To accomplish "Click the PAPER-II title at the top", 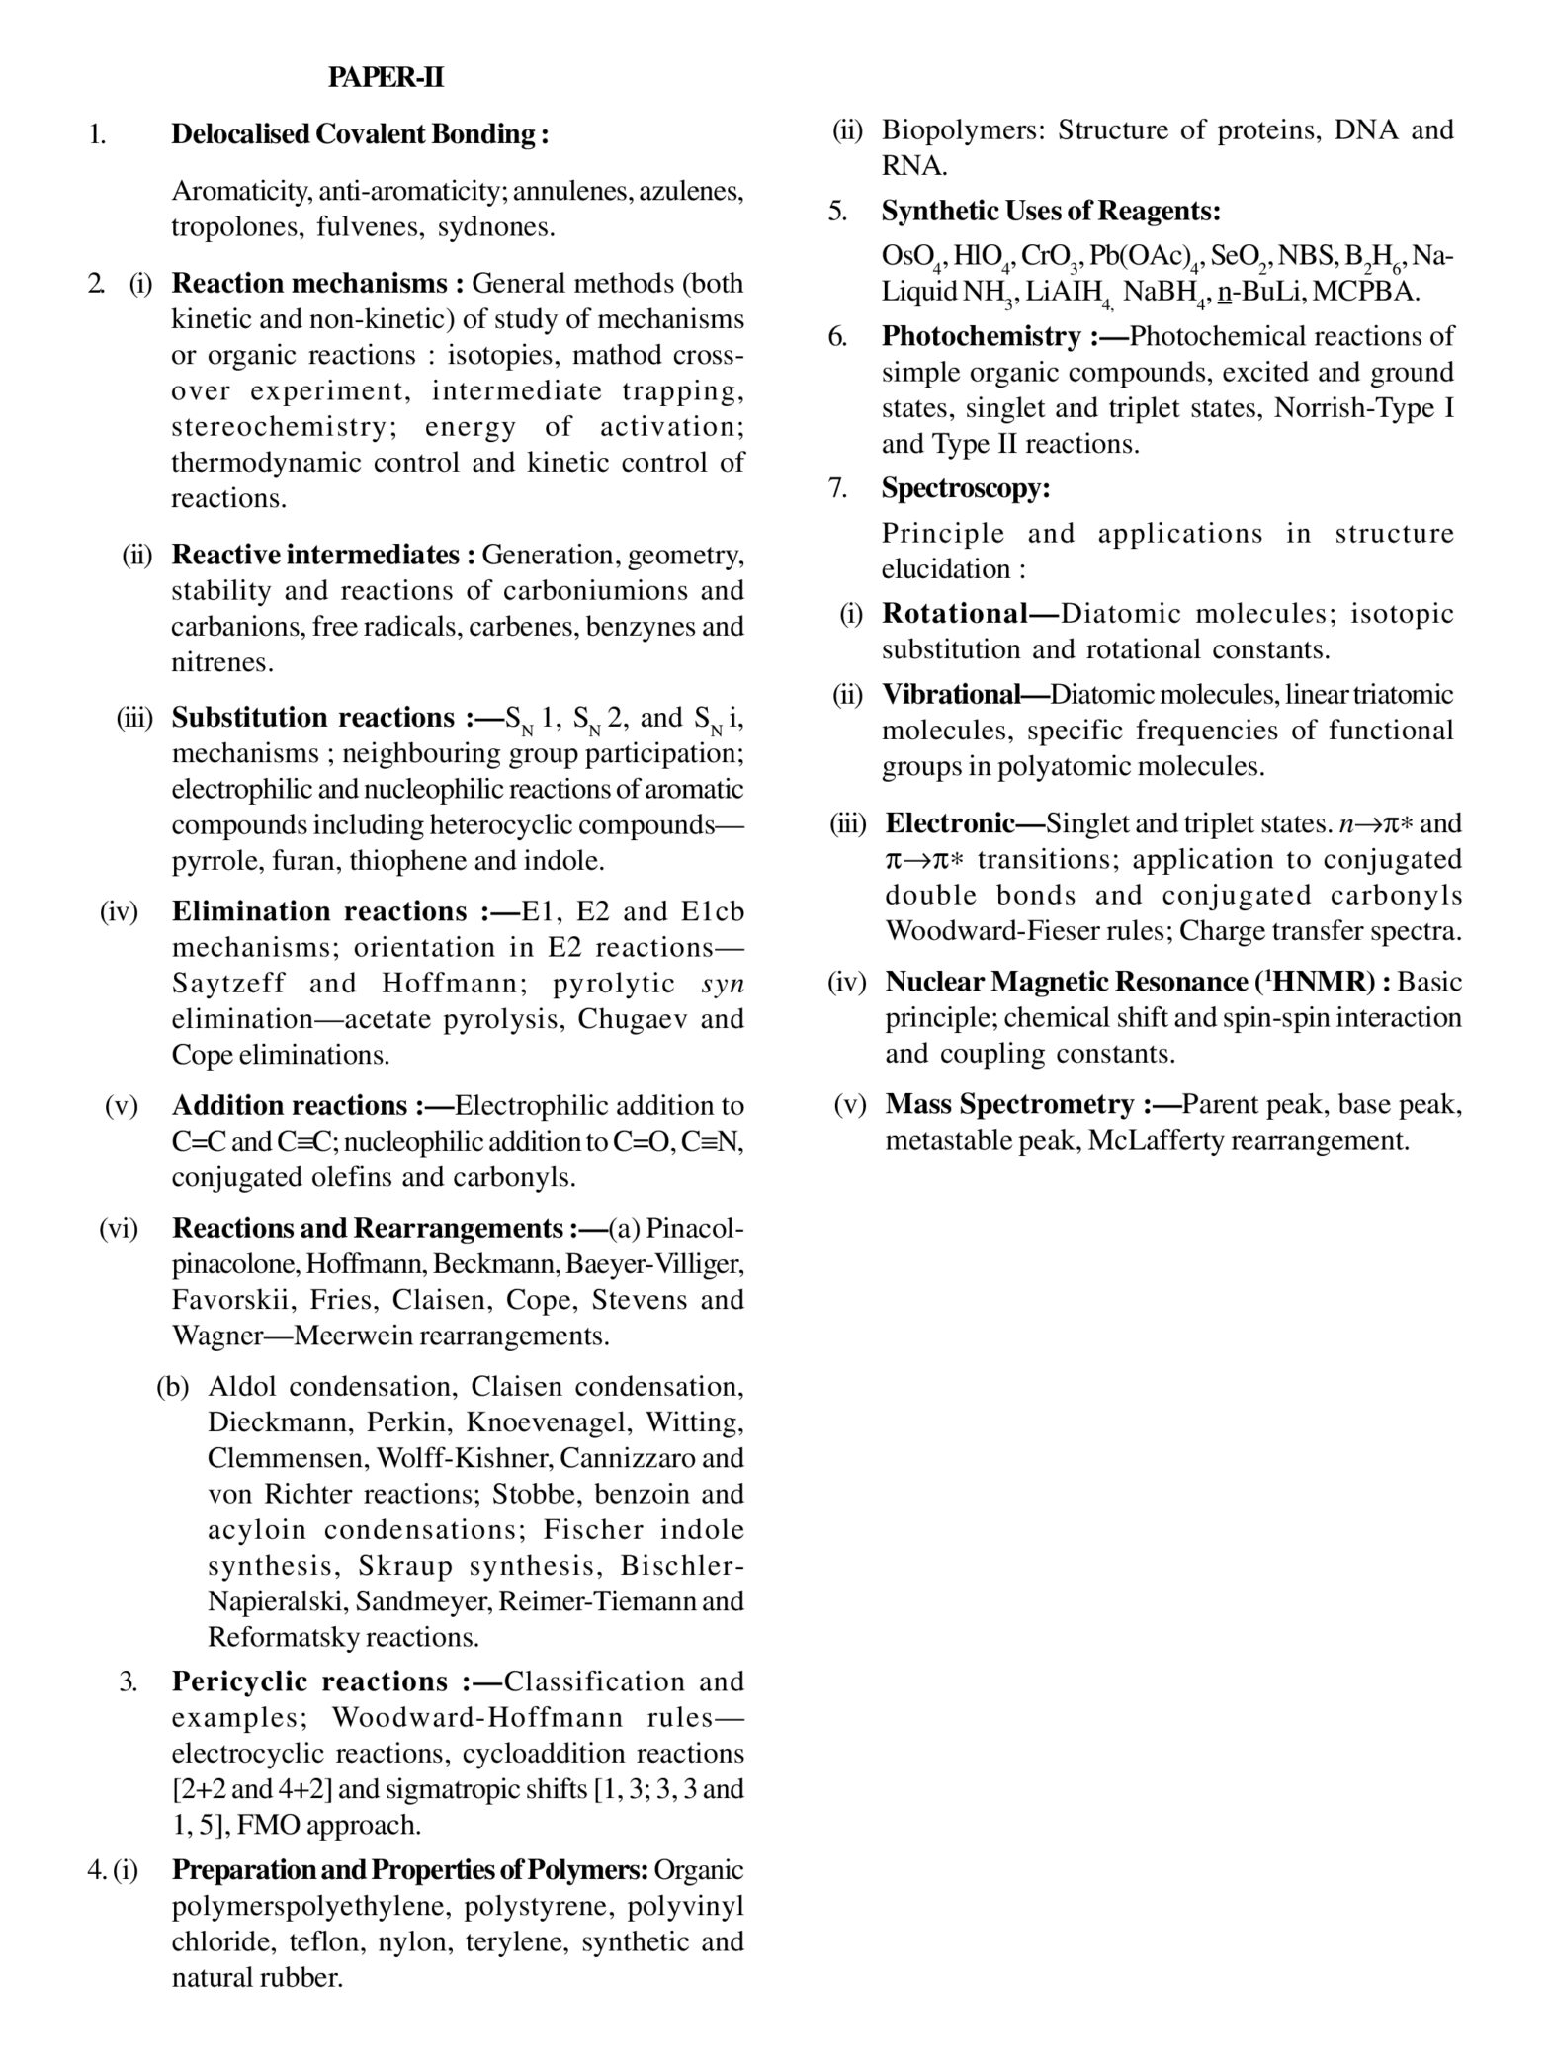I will (x=386, y=78).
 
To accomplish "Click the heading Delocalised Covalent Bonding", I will (x=360, y=134).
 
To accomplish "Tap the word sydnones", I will (x=496, y=227).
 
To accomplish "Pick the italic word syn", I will (x=722, y=984).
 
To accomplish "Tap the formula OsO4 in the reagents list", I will (x=909, y=257).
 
